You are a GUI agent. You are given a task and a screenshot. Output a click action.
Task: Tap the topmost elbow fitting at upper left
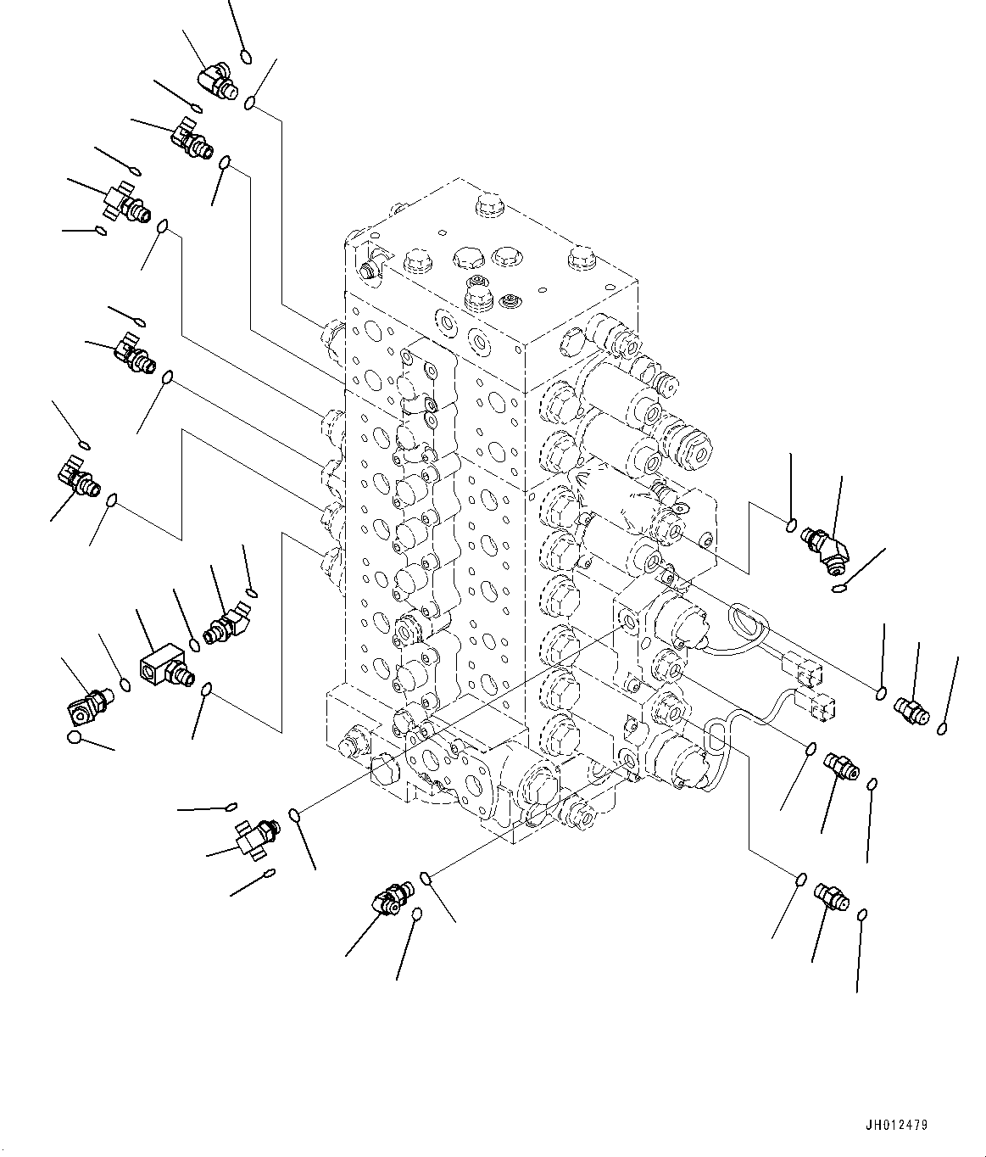[x=215, y=83]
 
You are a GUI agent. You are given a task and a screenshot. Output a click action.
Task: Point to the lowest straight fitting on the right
[x=827, y=895]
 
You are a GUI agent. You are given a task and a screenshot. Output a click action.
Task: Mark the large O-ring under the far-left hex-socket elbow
[x=75, y=738]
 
